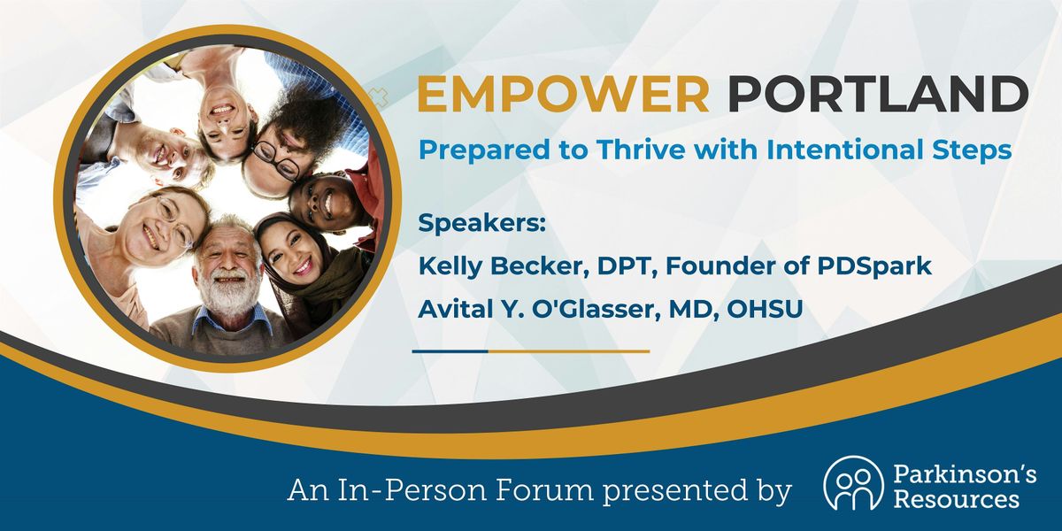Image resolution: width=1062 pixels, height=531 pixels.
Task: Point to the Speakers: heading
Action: click(481, 223)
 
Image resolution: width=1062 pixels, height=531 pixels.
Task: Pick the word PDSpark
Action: click(874, 266)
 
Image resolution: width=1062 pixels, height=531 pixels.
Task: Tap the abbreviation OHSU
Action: click(765, 310)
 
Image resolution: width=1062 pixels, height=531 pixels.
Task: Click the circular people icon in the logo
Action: click(853, 482)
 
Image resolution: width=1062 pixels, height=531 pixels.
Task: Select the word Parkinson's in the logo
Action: click(965, 474)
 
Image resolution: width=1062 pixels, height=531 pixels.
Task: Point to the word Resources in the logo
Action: click(957, 499)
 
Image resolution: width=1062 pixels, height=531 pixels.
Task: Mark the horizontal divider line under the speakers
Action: click(530, 351)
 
